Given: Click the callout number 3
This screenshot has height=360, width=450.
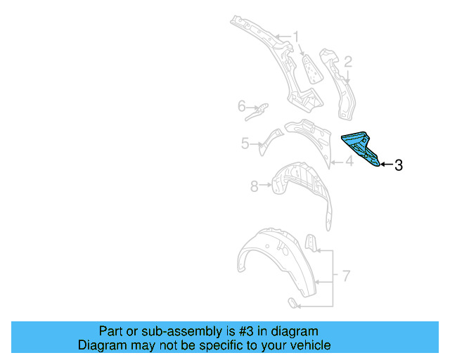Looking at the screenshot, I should [x=399, y=165].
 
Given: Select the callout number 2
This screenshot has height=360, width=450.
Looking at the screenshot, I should [x=347, y=61].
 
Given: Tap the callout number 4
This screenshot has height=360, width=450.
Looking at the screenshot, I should [x=348, y=162].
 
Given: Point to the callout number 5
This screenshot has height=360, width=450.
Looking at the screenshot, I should [x=245, y=143].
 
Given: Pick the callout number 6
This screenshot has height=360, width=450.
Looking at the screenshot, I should [x=241, y=107].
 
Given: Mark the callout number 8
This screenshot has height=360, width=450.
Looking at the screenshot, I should [x=255, y=186].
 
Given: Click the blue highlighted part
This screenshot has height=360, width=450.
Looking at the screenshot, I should [x=362, y=148].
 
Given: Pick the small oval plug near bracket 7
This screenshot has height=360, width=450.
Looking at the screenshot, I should [x=291, y=303].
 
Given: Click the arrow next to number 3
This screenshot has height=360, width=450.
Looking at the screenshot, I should [x=386, y=165].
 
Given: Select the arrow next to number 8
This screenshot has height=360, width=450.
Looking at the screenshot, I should [x=266, y=186].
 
